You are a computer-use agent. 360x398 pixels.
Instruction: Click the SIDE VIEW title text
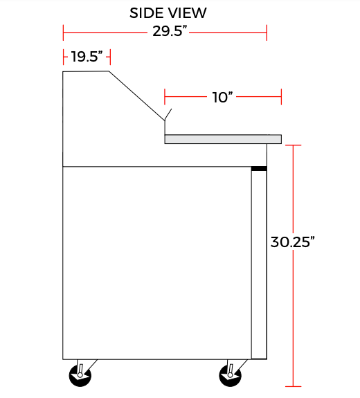click(168, 13)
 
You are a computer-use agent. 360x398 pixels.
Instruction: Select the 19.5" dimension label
click(87, 57)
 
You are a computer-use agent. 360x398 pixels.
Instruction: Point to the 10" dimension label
click(222, 98)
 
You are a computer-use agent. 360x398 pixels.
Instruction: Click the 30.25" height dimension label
click(293, 242)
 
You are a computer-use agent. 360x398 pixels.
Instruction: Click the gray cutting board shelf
click(223, 139)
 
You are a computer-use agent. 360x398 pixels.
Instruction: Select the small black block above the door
click(259, 168)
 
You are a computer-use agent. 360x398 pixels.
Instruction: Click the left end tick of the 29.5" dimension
click(63, 32)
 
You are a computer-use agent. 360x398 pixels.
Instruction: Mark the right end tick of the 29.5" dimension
click(267, 32)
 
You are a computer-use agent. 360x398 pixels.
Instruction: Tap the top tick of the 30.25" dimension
click(294, 145)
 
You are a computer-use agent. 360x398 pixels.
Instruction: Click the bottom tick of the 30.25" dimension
click(294, 386)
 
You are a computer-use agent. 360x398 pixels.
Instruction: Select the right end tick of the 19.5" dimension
click(110, 57)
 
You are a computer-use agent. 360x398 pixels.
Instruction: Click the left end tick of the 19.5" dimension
click(63, 57)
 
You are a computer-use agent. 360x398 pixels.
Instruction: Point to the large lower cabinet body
click(156, 263)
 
